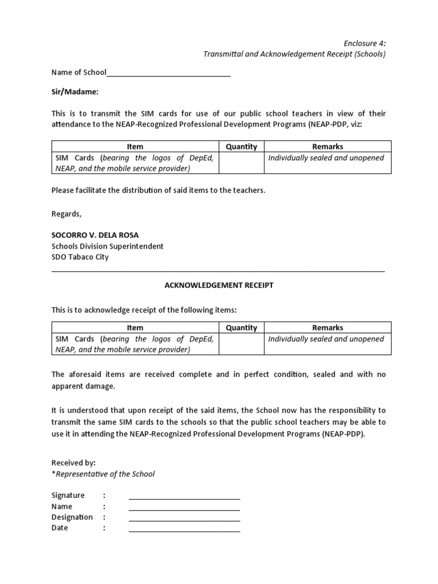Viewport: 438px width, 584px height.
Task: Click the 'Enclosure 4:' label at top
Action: [364, 43]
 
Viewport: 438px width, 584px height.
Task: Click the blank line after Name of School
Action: [168, 73]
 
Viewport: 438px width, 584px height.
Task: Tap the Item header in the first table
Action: [135, 147]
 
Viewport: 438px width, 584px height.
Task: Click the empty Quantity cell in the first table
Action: [241, 163]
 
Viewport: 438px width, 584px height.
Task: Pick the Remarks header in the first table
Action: [327, 147]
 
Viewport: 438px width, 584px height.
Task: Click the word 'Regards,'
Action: [67, 214]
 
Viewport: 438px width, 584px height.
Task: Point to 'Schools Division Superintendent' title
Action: [107, 246]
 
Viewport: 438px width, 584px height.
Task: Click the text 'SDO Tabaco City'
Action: [80, 257]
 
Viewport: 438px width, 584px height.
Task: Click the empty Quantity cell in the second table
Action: [241, 344]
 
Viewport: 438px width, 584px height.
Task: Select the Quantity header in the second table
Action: [241, 327]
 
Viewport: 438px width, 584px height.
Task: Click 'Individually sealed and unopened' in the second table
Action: [326, 339]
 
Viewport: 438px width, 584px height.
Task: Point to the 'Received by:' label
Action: [74, 463]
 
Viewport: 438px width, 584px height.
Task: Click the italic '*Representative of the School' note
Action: [103, 474]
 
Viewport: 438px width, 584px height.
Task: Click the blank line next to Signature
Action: [184, 496]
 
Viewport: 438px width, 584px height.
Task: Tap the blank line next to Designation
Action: [184, 518]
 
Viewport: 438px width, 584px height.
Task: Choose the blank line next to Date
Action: [184, 529]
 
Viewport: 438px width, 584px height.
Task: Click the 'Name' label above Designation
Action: [62, 506]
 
